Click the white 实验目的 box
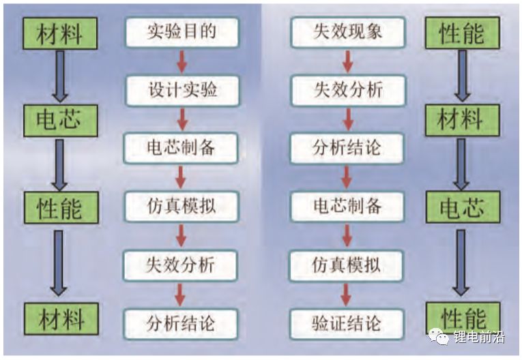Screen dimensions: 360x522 182,31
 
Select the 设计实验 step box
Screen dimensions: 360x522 182,89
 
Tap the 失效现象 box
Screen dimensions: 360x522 347,31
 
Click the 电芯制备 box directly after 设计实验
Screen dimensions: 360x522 182,147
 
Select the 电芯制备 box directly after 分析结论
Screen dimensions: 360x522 347,205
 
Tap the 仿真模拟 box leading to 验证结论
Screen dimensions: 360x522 347,263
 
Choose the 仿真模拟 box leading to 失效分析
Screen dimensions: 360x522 182,205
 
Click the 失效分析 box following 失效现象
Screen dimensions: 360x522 347,89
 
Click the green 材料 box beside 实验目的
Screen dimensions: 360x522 59,33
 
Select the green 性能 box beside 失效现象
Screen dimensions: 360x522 462,33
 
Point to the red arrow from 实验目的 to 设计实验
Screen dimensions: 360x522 182,60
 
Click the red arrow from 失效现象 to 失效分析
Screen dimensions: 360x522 347,60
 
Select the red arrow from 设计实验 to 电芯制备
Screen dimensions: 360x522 182,118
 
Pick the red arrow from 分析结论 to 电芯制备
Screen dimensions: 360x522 347,177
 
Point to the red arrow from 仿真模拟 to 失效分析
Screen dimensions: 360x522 182,235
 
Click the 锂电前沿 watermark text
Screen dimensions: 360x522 477,337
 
